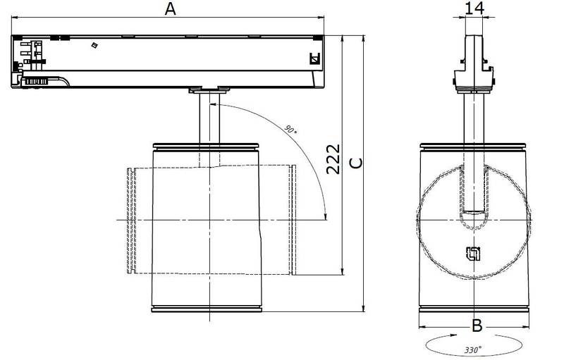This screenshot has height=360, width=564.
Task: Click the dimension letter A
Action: tap(170, 8)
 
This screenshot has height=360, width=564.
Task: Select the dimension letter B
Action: tap(477, 326)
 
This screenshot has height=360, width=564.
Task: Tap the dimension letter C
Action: tap(356, 163)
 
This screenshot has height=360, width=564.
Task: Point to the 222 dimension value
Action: tap(333, 159)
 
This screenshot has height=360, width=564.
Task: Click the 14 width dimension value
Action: tap(474, 8)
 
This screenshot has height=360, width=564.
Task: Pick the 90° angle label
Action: tap(290, 130)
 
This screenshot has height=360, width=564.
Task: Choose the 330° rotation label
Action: tap(472, 349)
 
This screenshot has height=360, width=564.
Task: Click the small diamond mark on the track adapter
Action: tap(94, 45)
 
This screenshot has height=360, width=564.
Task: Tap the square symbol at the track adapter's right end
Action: tap(314, 58)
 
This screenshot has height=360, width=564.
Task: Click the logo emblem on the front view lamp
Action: tap(474, 254)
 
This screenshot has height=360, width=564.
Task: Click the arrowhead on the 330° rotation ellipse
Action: tap(453, 335)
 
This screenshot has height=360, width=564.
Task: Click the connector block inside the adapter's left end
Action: tap(32, 55)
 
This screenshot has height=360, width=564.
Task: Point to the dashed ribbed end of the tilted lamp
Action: tap(131, 221)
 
